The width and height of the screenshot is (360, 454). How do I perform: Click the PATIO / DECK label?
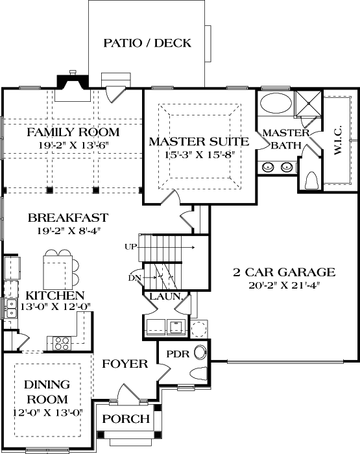pyautogui.click(x=147, y=43)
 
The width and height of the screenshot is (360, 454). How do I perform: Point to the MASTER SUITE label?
pyautogui.click(x=198, y=141)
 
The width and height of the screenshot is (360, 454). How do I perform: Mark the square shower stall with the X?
pyautogui.click(x=308, y=102)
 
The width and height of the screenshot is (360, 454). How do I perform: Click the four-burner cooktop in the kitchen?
pyautogui.click(x=63, y=341)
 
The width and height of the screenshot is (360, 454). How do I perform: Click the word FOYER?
pyautogui.click(x=125, y=364)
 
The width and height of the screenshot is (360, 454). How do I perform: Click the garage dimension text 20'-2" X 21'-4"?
pyautogui.click(x=284, y=284)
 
